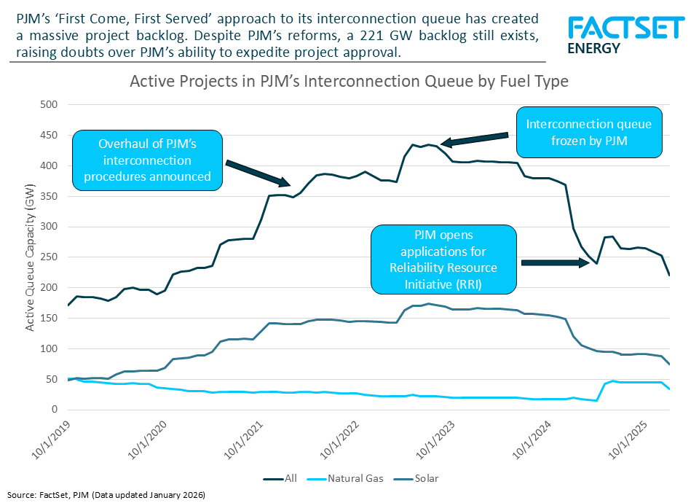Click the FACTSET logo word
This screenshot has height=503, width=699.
625,28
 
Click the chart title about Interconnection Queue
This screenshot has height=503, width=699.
349,82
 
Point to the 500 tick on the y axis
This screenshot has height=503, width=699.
48,104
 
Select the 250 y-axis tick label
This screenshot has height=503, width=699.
48,257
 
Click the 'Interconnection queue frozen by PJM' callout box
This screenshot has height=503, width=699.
588,132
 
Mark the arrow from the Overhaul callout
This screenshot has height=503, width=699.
258,173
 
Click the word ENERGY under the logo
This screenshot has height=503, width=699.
593,49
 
